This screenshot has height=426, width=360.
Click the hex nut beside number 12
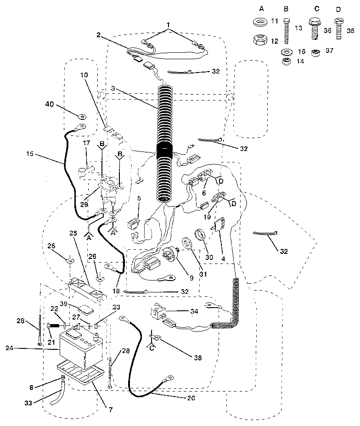pos(260,40)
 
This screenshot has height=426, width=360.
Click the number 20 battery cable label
pos(191,398)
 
